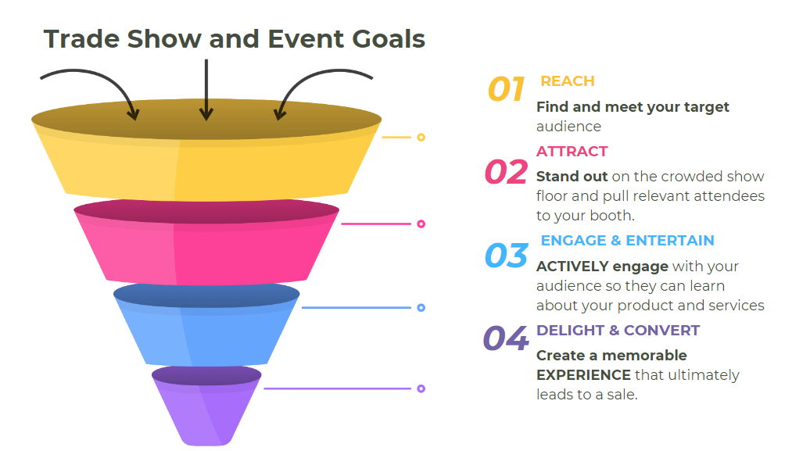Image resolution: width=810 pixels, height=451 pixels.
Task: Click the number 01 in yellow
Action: (506, 89)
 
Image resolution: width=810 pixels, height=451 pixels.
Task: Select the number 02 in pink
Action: (506, 172)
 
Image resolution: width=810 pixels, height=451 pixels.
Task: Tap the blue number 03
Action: (506, 256)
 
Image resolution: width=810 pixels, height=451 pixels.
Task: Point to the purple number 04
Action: (506, 339)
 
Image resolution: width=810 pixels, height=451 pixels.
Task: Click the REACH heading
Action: (568, 81)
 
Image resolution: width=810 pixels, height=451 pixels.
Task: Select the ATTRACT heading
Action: (572, 152)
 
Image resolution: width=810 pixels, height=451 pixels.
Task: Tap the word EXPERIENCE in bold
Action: (583, 375)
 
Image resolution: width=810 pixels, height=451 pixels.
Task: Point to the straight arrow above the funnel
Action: (206, 90)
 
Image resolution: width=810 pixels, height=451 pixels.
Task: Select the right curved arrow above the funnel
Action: (321, 87)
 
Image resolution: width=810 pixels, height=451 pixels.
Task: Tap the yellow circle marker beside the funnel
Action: (421, 138)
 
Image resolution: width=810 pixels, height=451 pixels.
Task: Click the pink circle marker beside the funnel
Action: (421, 224)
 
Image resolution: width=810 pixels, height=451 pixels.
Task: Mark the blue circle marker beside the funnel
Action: (421, 308)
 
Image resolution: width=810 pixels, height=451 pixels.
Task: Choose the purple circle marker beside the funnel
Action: (421, 388)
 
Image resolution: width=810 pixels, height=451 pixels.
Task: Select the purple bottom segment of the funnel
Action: (206, 410)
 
